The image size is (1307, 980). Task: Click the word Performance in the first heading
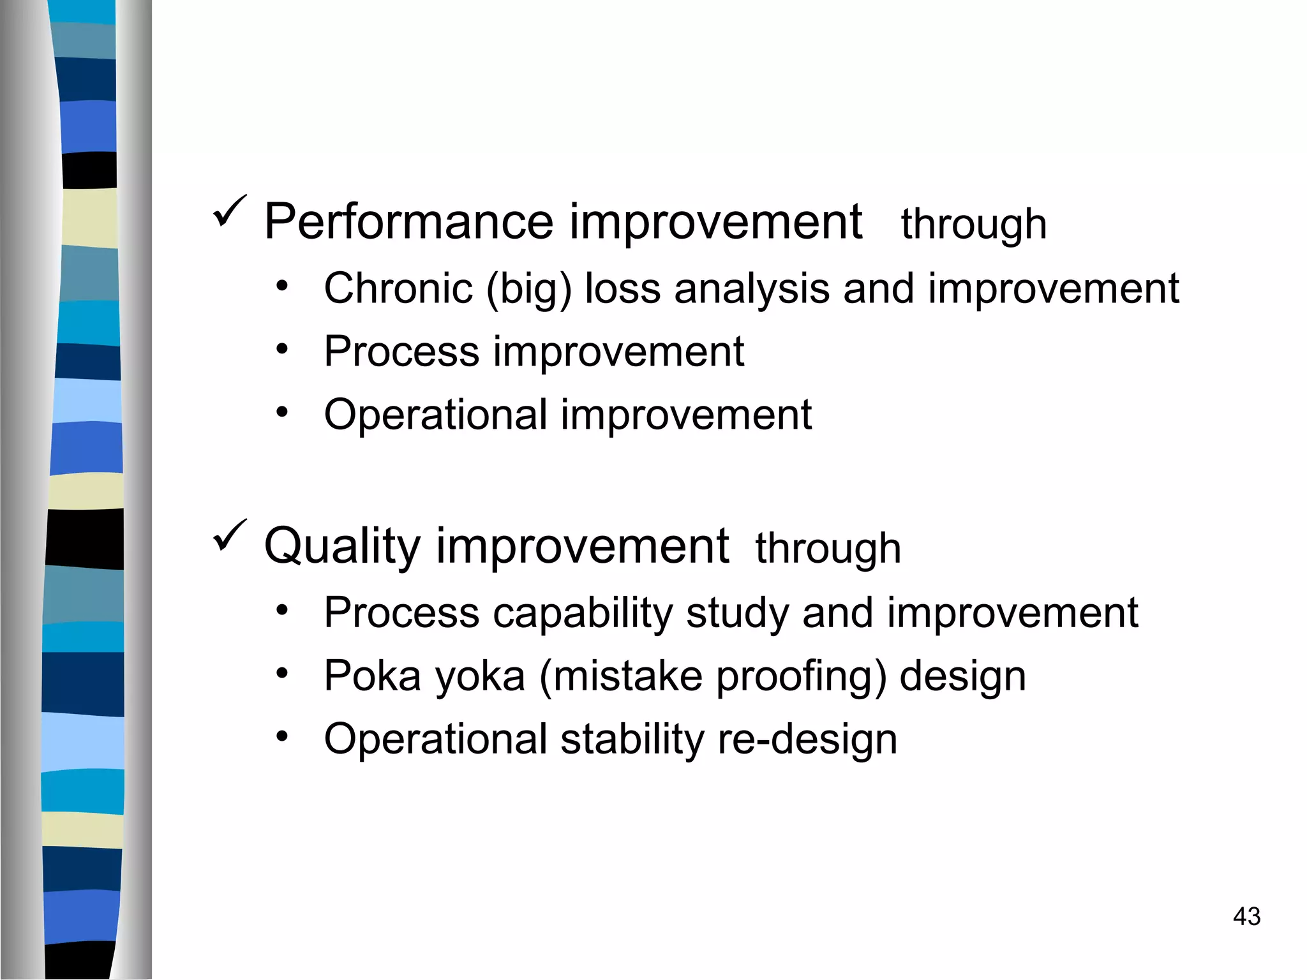click(408, 222)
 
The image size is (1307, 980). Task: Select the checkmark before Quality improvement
click(229, 535)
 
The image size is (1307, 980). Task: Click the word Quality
click(342, 547)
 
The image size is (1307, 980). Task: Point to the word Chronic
click(398, 288)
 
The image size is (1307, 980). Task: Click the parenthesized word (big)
click(529, 290)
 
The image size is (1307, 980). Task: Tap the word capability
click(583, 614)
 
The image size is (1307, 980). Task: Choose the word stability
click(632, 739)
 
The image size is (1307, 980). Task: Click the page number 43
click(1246, 917)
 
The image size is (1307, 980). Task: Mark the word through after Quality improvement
click(828, 549)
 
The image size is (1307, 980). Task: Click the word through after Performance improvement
click(974, 225)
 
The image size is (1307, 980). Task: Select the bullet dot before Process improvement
click(282, 349)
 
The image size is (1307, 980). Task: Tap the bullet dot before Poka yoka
click(282, 673)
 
